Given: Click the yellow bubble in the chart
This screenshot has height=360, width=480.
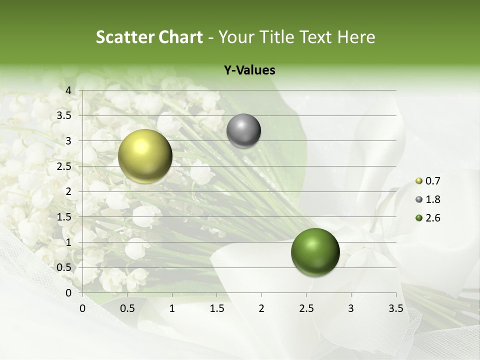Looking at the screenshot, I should pyautogui.click(x=145, y=155).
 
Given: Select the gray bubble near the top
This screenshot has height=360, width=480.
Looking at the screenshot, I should pyautogui.click(x=243, y=131).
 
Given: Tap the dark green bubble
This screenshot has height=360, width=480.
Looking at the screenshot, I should pyautogui.click(x=315, y=252).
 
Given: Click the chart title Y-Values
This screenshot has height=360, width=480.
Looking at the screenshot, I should pyautogui.click(x=249, y=70).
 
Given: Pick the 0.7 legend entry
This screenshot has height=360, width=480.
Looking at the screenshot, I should pyautogui.click(x=427, y=181).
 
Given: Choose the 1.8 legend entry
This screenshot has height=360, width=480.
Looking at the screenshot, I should pyautogui.click(x=427, y=199).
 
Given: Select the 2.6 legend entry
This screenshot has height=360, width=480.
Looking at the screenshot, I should pyautogui.click(x=427, y=218).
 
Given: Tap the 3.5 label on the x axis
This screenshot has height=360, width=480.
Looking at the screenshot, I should pyautogui.click(x=395, y=308).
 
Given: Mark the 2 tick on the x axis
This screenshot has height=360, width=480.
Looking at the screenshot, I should pyautogui.click(x=261, y=308).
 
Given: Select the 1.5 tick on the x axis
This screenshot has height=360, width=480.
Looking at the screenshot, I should pyautogui.click(x=216, y=308).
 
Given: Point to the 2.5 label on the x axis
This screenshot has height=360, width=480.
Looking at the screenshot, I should pyautogui.click(x=306, y=308).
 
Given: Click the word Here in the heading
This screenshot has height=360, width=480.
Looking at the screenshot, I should pyautogui.click(x=356, y=37).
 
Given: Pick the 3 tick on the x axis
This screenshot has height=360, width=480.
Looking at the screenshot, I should pyautogui.click(x=351, y=308).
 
